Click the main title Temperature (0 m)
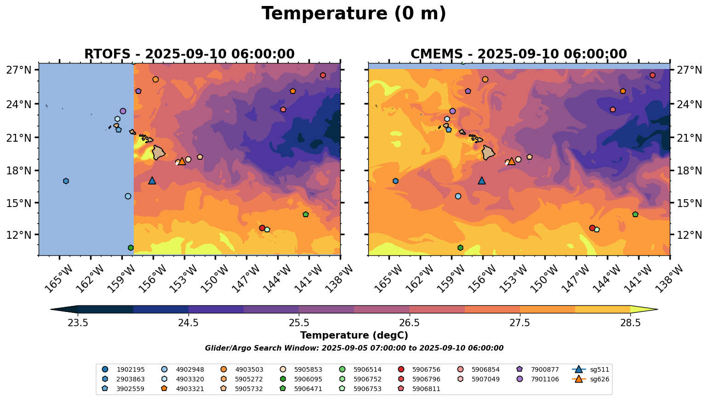pyautogui.click(x=354, y=14)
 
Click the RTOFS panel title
pyautogui.click(x=189, y=54)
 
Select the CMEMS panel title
pyautogui.click(x=519, y=54)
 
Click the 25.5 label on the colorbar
pyautogui.click(x=299, y=323)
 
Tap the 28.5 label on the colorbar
pyautogui.click(x=630, y=323)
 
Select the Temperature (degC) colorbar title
pyautogui.click(x=354, y=336)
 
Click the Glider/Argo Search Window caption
pyautogui.click(x=354, y=348)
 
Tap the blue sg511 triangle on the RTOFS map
pyautogui.click(x=152, y=180)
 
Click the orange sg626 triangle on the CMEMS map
pyautogui.click(x=511, y=161)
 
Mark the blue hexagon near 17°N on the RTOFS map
pyautogui.click(x=66, y=181)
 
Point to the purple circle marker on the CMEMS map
pyautogui.click(x=452, y=111)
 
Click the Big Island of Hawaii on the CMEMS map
pyautogui.click(x=488, y=152)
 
